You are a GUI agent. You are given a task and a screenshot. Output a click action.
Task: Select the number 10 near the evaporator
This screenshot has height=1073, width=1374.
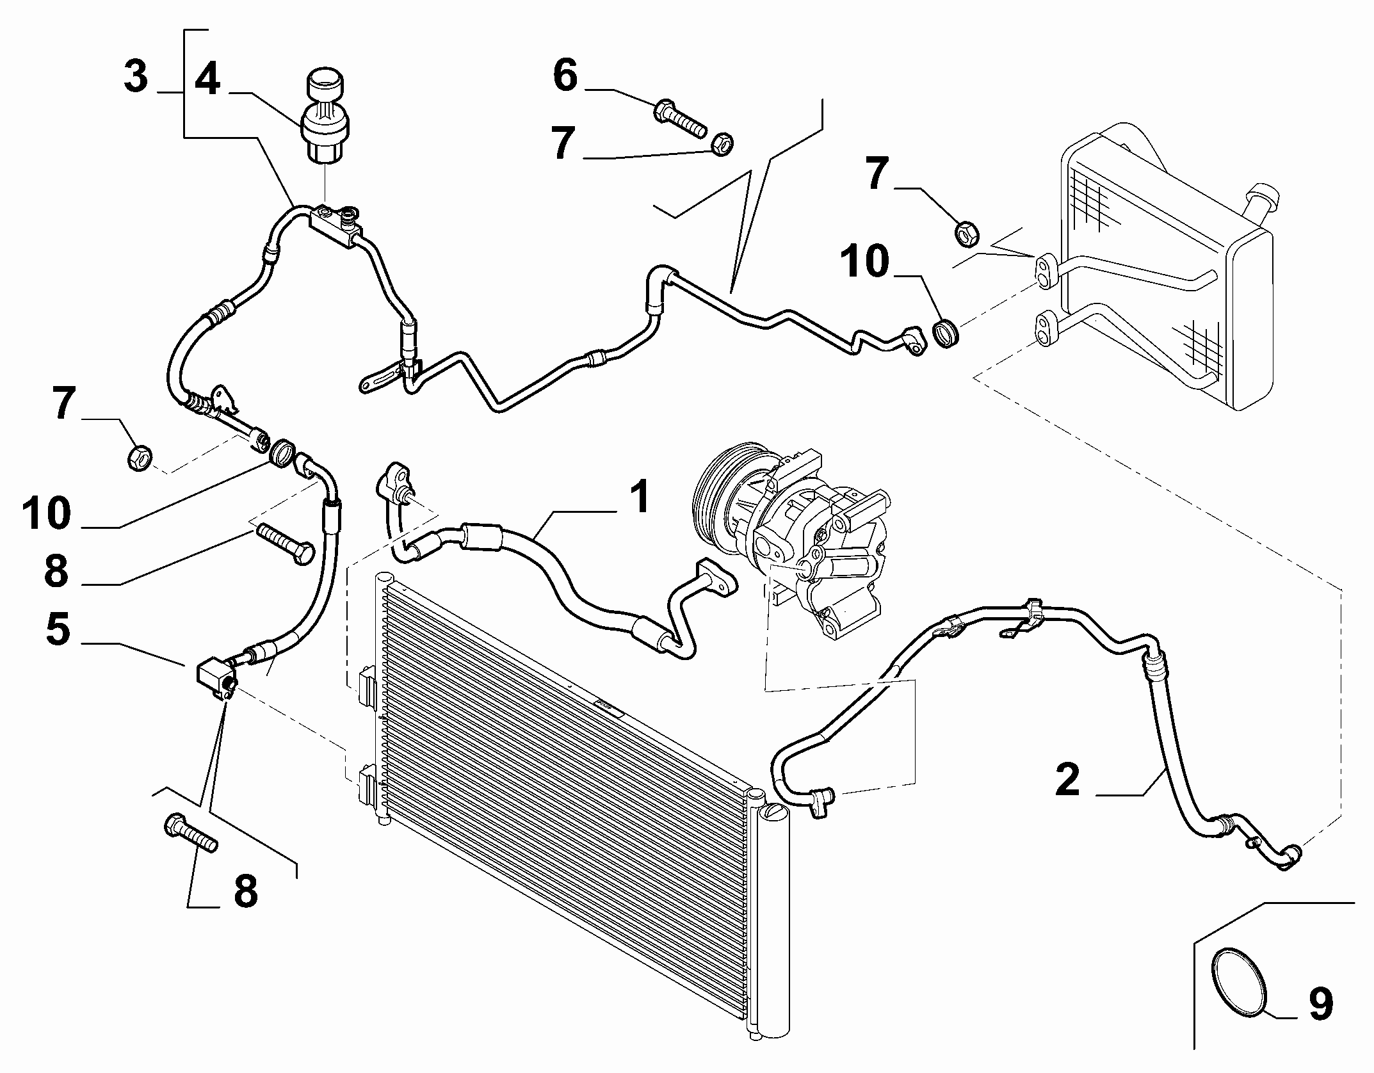pyautogui.click(x=865, y=262)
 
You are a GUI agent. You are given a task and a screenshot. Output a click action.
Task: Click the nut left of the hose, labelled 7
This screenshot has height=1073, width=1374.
pyautogui.click(x=138, y=457)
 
